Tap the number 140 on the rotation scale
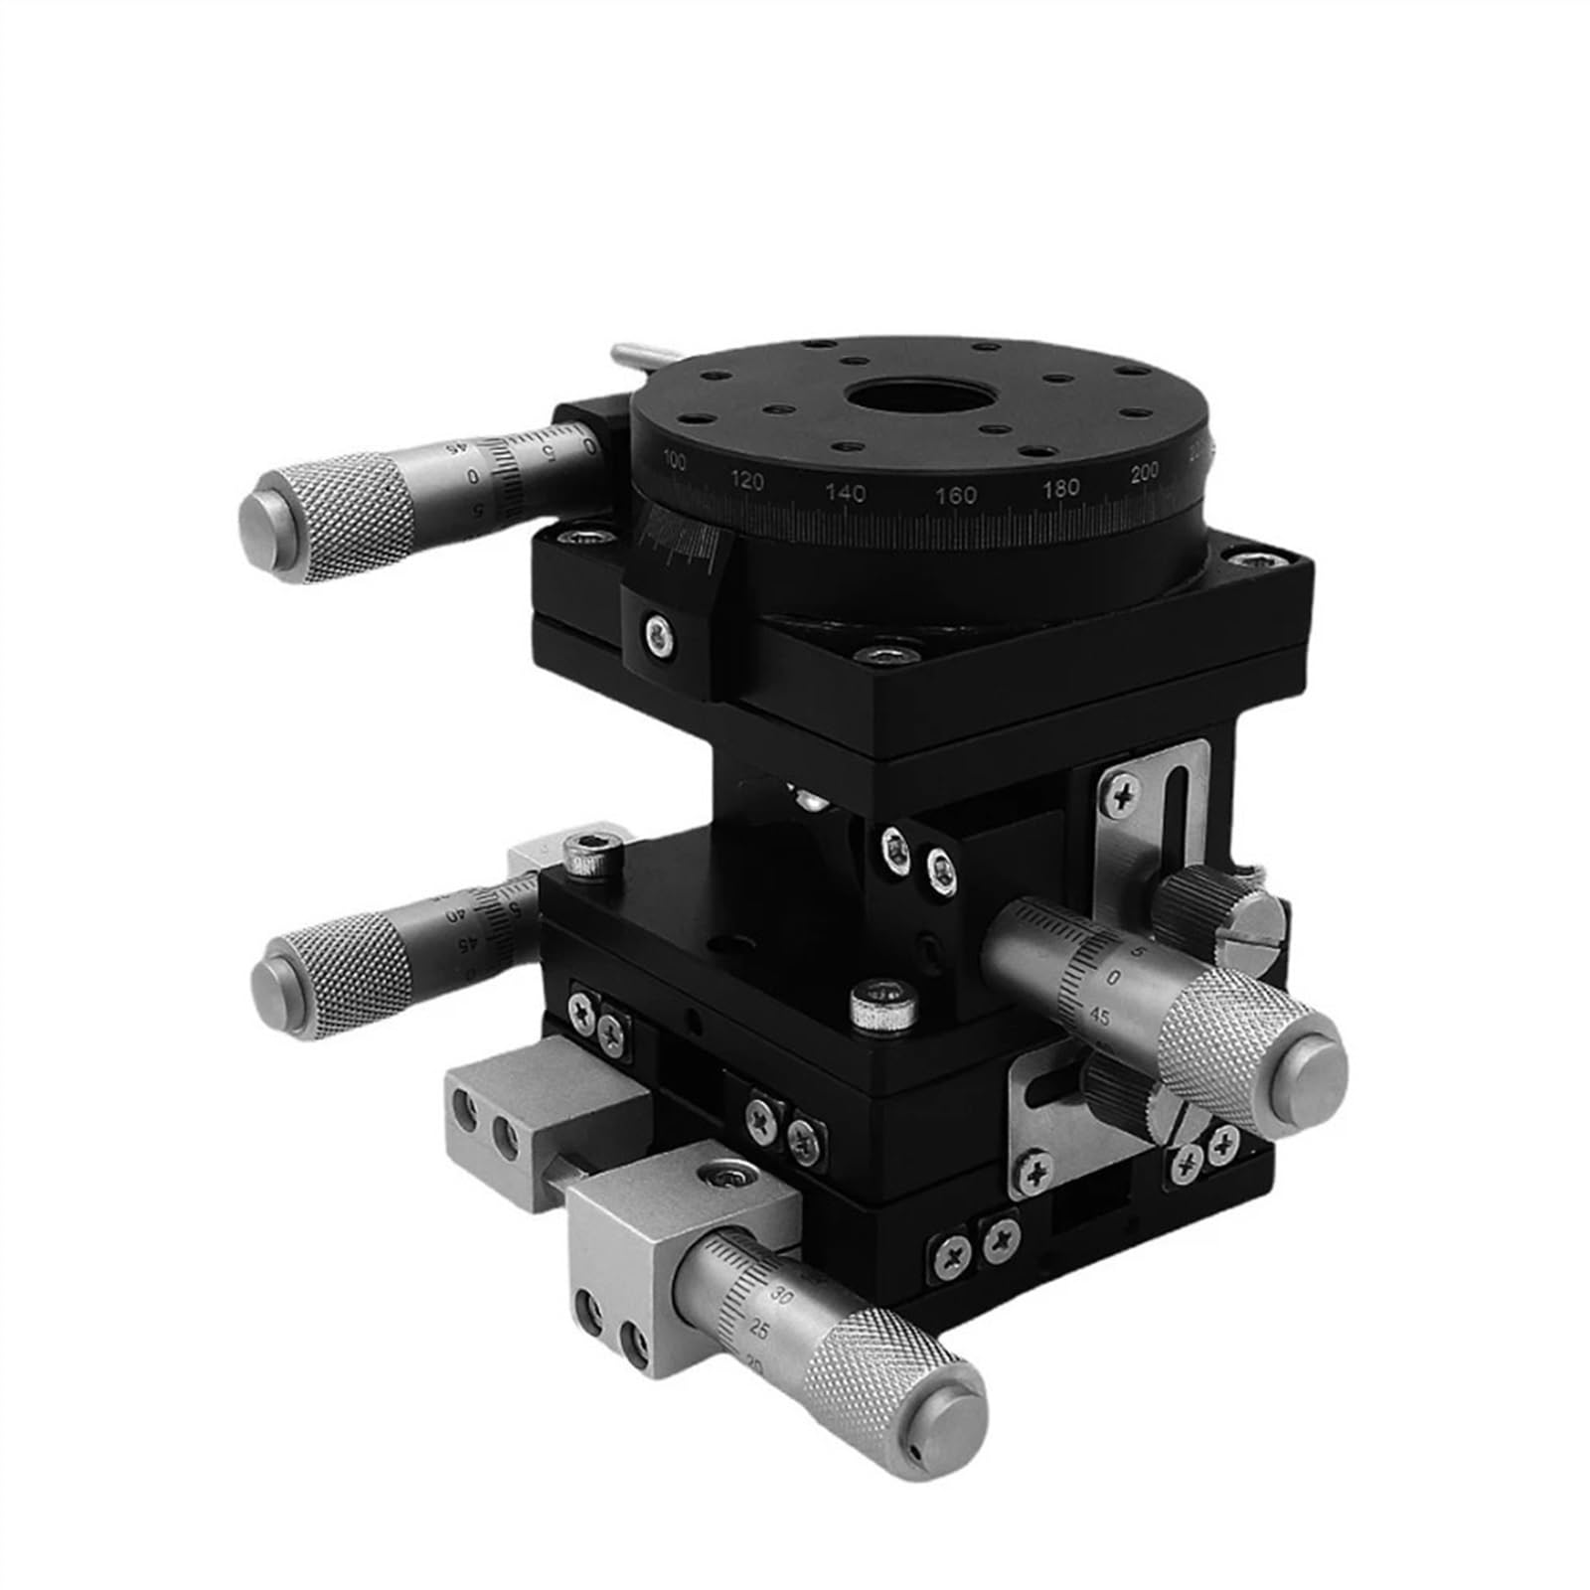(x=845, y=492)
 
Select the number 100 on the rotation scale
(x=675, y=459)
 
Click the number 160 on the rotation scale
(x=956, y=495)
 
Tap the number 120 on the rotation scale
(x=746, y=482)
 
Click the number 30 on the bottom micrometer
(x=781, y=1298)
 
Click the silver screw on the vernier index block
(x=657, y=633)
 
